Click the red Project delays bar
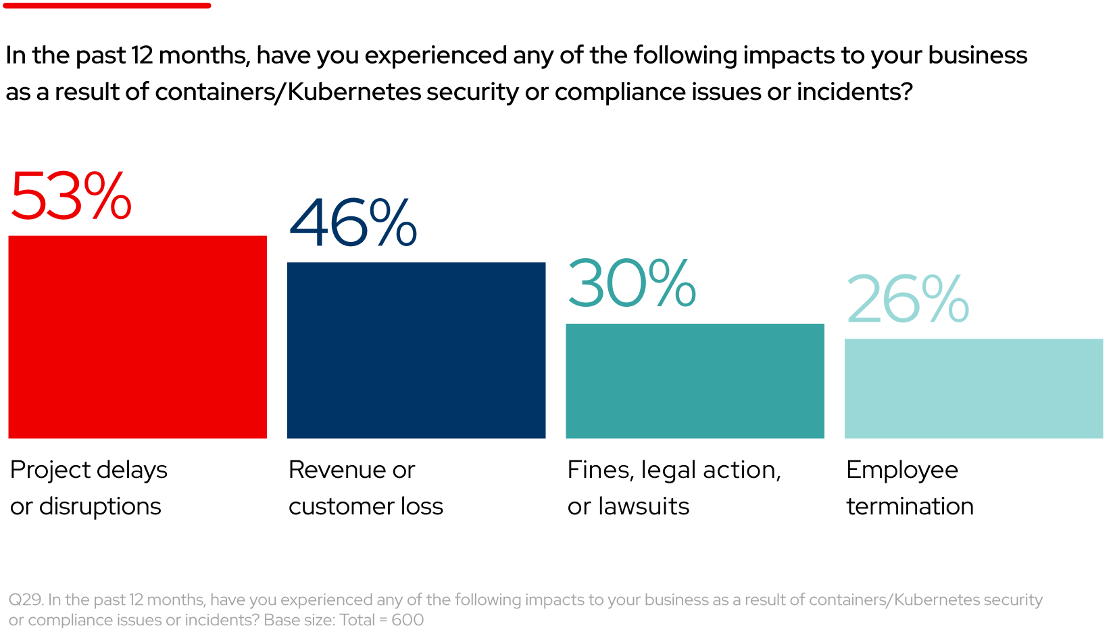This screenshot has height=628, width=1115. click(x=137, y=337)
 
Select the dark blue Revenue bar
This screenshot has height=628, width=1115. click(x=416, y=350)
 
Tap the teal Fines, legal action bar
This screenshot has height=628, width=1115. click(x=695, y=381)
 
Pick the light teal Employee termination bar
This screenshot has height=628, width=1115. click(x=973, y=388)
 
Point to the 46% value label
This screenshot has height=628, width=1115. click(x=353, y=222)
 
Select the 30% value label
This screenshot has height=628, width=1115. click(x=631, y=283)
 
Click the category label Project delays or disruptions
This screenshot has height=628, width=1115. click(x=88, y=487)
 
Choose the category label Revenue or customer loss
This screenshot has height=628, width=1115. click(x=366, y=487)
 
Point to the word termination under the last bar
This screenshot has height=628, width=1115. click(x=910, y=506)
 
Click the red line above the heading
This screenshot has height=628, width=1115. click(x=107, y=5)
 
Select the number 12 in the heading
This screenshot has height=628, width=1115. click(x=142, y=55)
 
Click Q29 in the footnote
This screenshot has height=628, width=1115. click(x=26, y=600)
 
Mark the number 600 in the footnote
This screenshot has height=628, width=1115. click(x=407, y=620)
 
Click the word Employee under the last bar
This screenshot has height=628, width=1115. click(x=901, y=470)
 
